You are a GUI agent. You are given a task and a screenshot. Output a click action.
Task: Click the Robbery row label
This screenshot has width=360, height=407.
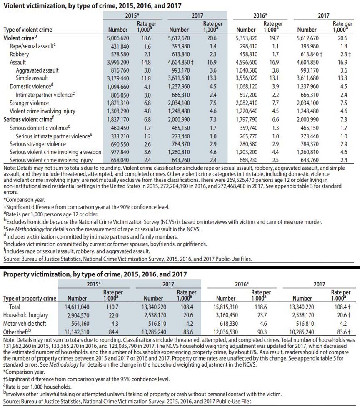(19, 54)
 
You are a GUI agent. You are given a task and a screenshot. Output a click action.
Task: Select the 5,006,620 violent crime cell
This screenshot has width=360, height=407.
(120, 38)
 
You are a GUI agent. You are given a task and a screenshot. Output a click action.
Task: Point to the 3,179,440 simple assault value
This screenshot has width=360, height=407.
(120, 78)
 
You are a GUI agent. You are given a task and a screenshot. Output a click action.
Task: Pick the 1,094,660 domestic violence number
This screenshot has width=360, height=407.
(120, 87)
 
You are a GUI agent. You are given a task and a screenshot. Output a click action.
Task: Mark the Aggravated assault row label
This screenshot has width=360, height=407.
(37, 70)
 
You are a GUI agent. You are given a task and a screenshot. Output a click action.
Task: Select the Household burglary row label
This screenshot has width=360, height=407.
(26, 315)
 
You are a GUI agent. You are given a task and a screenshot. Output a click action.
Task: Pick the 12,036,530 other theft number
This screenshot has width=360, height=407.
(227, 332)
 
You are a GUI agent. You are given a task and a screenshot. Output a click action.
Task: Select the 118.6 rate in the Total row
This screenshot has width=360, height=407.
(262, 307)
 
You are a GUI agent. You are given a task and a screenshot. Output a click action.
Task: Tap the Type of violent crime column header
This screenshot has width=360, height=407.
(27, 30)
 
